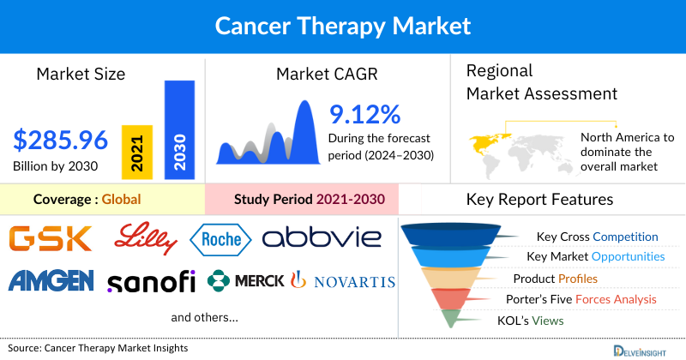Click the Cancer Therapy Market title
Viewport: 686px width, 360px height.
click(342, 27)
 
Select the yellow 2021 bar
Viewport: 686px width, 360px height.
click(137, 152)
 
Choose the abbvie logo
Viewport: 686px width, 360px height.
click(325, 238)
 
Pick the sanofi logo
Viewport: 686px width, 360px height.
click(152, 281)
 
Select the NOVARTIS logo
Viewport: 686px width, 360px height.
click(344, 281)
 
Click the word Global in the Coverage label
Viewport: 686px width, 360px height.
click(121, 200)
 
